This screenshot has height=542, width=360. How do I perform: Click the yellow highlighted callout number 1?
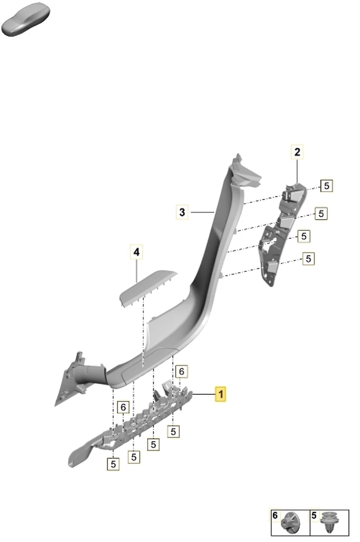(x=220, y=394)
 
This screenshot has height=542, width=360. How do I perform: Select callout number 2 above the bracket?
(x=297, y=152)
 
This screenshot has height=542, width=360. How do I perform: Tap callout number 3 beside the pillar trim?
(x=182, y=212)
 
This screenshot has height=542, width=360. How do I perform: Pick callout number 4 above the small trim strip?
(x=136, y=252)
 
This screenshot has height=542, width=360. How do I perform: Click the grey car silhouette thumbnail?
(x=26, y=19)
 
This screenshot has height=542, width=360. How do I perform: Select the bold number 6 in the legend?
(x=275, y=515)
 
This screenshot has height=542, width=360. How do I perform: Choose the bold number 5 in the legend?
(x=314, y=515)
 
